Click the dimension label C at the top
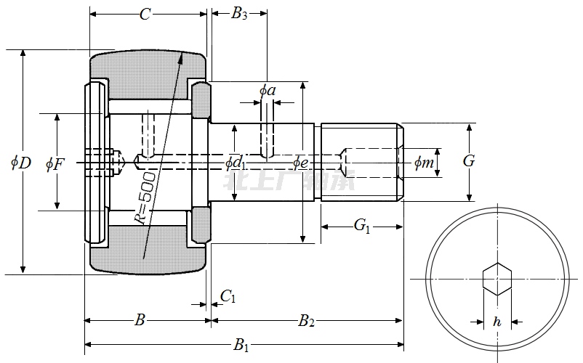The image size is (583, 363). pos(145,14)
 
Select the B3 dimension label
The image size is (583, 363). pos(239,14)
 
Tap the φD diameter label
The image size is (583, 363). pos(21,163)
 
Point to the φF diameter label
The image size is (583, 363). pos(55,164)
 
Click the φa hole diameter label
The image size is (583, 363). pos(267,91)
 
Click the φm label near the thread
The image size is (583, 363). pos(423,163)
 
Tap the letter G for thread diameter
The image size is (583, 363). pos(469,161)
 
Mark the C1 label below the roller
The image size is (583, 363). pos(228,296)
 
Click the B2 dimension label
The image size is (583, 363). pos(306,320)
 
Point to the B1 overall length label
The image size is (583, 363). pos(241,346)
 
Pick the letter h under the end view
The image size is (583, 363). pos(497,321)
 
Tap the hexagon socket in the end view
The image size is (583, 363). pos(497,279)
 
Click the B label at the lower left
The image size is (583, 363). pos(141,320)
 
